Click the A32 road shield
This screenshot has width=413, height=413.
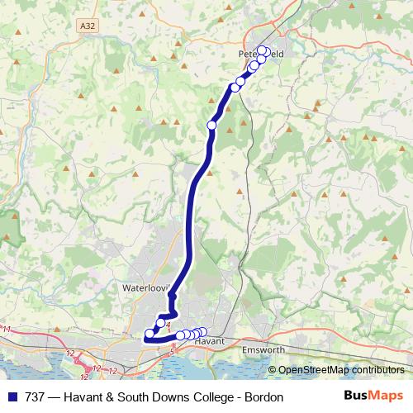coord(88,26)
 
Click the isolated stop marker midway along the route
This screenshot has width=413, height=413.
coord(211,125)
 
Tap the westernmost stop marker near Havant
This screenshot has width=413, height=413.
coord(150,335)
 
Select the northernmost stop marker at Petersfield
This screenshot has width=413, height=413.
coord(263,50)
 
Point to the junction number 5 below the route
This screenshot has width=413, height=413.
coord(173,352)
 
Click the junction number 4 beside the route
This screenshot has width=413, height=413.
coord(168,325)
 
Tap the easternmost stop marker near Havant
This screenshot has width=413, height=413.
coord(202,332)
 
